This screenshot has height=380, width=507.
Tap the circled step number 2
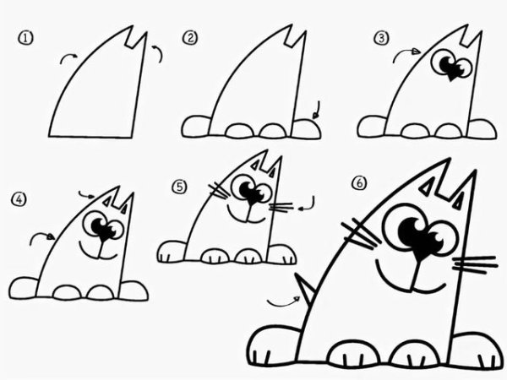pyautogui.click(x=191, y=37)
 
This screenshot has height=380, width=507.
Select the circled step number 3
pyautogui.click(x=382, y=37)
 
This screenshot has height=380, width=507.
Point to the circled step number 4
pyautogui.click(x=19, y=200)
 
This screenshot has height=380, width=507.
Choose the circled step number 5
pyautogui.click(x=179, y=186)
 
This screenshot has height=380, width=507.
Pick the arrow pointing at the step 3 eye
pyautogui.click(x=408, y=54)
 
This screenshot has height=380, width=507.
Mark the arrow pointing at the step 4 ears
pyautogui.click(x=88, y=195)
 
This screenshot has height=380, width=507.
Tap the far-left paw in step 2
pyautogui.click(x=196, y=127)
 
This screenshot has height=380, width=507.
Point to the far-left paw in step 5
pyautogui.click(x=172, y=252)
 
